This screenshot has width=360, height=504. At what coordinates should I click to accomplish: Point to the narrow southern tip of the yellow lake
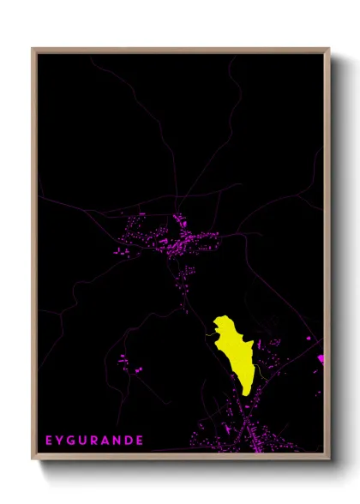click(246, 393)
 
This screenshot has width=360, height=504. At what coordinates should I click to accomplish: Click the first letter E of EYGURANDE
click(49, 441)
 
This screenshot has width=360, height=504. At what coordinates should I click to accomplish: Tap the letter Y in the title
click(60, 441)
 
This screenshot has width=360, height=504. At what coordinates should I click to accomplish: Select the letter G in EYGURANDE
click(71, 441)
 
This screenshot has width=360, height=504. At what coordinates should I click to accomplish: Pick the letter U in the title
click(83, 441)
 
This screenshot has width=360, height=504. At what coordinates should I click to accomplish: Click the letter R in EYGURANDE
click(94, 441)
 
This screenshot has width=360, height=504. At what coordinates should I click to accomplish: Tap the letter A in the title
click(105, 441)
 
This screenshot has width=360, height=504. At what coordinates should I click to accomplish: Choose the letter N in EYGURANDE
click(117, 441)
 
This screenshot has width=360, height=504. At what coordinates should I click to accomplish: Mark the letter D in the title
click(129, 441)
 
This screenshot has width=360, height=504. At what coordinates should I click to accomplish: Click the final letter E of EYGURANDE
click(140, 441)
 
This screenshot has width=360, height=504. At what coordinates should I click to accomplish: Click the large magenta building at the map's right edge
click(321, 358)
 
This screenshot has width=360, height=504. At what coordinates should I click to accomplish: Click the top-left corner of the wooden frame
click(33, 50)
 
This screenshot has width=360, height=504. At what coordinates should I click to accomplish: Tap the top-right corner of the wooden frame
click(328, 50)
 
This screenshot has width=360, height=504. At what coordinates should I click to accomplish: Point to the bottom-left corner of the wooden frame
click(33, 459)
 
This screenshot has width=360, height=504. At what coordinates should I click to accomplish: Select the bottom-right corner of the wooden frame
click(328, 459)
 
